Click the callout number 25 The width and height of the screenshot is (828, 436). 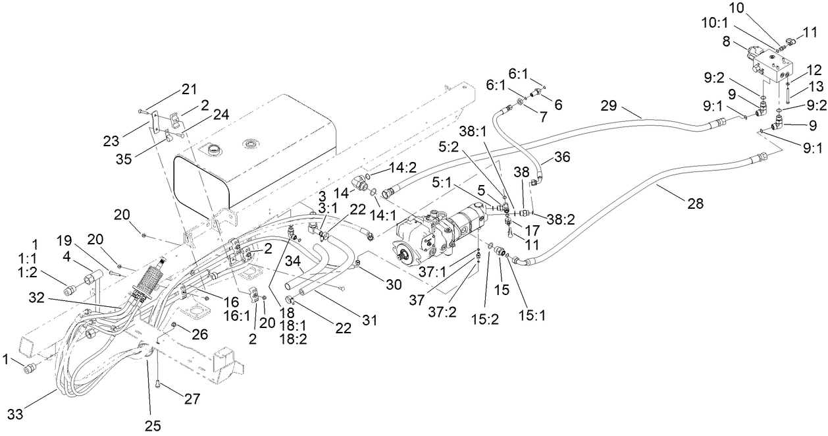pyautogui.click(x=152, y=425)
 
